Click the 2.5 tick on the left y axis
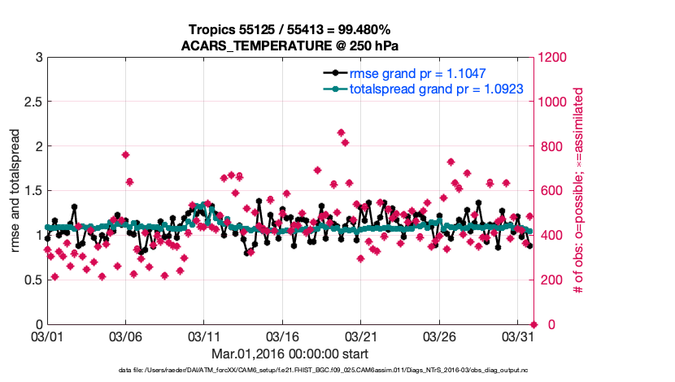point(33,102)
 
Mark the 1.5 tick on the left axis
point(33,191)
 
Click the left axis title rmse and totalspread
point(15,191)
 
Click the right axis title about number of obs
point(579,191)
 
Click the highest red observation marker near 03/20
point(341,132)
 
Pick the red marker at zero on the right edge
point(533,324)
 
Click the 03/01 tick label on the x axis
point(47,335)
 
